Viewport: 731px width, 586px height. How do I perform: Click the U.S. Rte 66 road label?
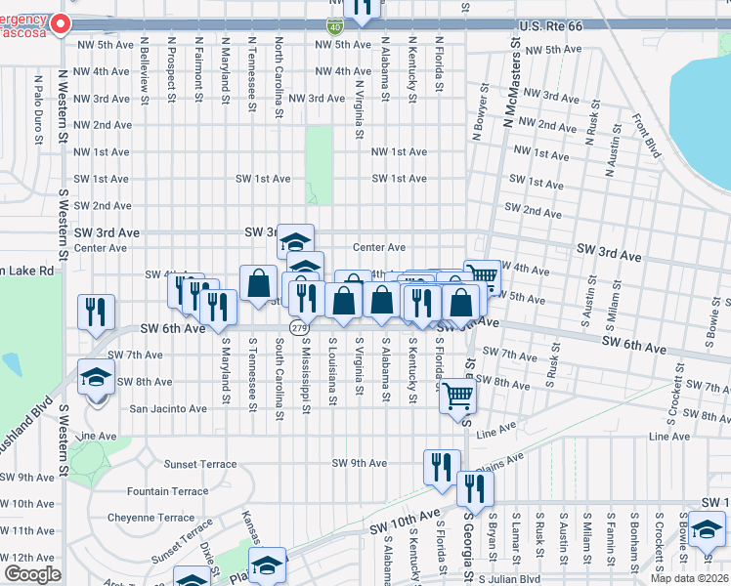(x=550, y=25)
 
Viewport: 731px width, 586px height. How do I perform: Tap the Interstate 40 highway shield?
(x=334, y=26)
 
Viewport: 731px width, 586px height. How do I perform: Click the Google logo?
(x=32, y=574)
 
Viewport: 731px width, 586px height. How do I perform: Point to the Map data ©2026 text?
(x=689, y=578)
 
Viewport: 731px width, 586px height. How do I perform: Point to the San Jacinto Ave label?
(x=168, y=408)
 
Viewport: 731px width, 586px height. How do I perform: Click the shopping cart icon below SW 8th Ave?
(x=457, y=396)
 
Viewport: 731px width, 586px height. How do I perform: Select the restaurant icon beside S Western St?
(x=96, y=310)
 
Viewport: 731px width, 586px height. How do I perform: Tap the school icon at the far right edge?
(x=706, y=530)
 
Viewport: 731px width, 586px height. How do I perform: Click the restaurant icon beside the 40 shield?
(x=363, y=8)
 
